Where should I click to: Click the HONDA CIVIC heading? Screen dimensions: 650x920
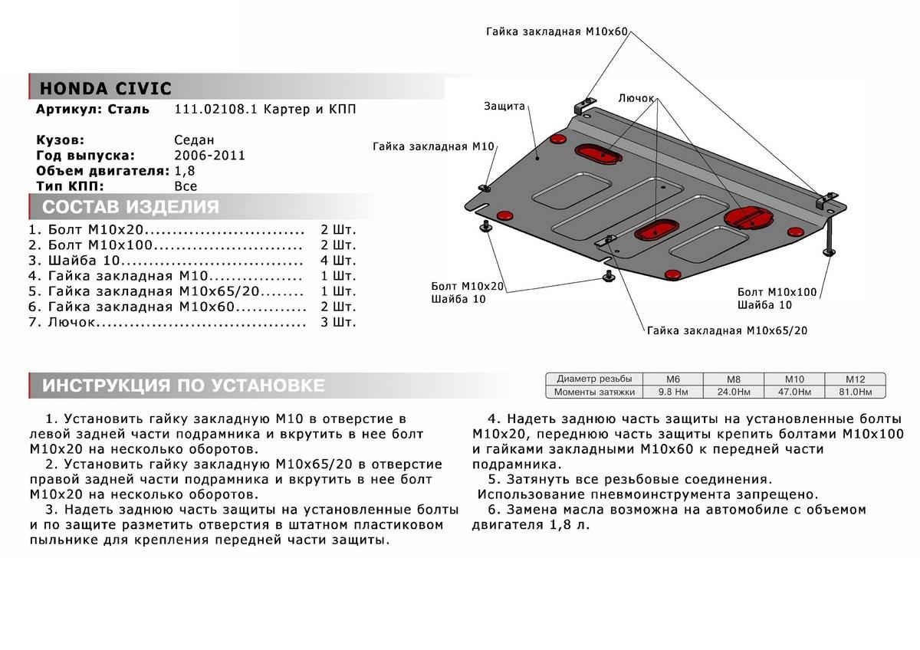[106, 87]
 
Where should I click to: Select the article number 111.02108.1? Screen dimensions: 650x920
[216, 110]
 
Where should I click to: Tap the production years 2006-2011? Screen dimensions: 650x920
[209, 156]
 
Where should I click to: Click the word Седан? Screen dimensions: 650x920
[195, 140]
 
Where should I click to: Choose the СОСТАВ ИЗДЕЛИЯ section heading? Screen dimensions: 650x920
[130, 207]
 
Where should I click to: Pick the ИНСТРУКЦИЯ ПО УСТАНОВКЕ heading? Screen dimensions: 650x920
[183, 386]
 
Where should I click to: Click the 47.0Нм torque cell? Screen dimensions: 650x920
[793, 392]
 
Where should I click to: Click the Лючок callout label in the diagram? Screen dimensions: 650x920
[636, 98]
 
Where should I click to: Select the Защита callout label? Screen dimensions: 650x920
[504, 107]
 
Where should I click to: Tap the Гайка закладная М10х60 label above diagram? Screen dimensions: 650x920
[557, 32]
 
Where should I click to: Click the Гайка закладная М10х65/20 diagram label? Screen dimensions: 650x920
[727, 331]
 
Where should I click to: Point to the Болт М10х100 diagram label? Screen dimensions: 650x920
[777, 293]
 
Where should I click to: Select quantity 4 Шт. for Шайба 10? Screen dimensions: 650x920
[338, 261]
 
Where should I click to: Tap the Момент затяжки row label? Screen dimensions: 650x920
[595, 392]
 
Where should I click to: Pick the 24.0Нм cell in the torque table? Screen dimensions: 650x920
[733, 392]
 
